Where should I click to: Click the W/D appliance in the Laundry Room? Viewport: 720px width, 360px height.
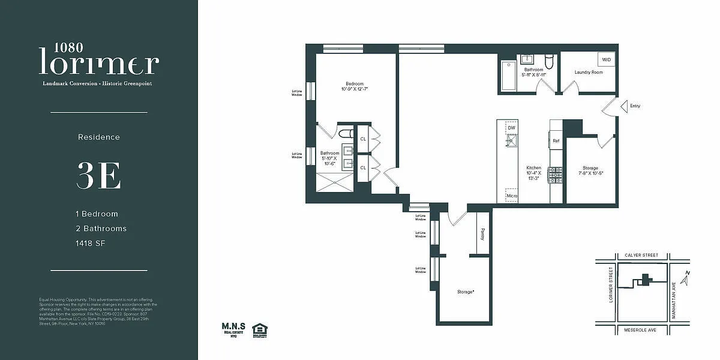(606, 59)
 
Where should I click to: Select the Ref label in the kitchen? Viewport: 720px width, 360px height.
(556, 141)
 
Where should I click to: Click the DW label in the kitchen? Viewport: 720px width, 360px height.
(511, 128)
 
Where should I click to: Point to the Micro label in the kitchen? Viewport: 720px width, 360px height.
(511, 196)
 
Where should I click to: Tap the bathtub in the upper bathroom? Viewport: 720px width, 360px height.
(508, 76)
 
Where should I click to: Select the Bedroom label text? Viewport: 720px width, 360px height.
(354, 84)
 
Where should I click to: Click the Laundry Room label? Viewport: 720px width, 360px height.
(588, 73)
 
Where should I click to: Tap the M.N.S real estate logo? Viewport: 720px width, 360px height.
(233, 328)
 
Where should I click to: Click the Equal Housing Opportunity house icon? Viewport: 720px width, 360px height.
(259, 328)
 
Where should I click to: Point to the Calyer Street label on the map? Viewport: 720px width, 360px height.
(641, 256)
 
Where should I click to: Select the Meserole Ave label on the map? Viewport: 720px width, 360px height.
(641, 329)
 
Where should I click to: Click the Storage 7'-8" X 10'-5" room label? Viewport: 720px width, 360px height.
(590, 171)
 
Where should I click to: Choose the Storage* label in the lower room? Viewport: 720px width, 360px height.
(466, 292)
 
